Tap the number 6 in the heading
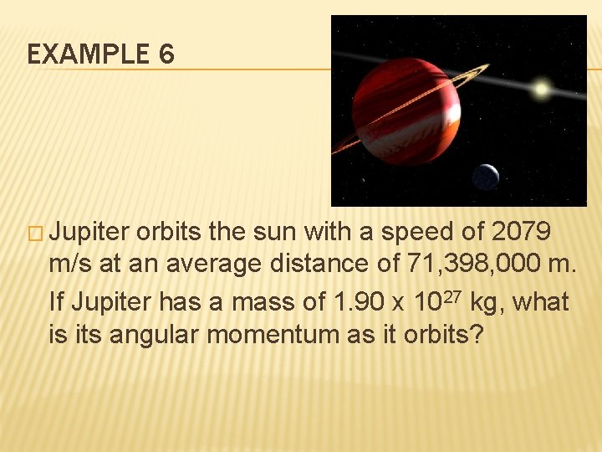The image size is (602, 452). pos(166,55)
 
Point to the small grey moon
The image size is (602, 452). pos(486,177)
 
